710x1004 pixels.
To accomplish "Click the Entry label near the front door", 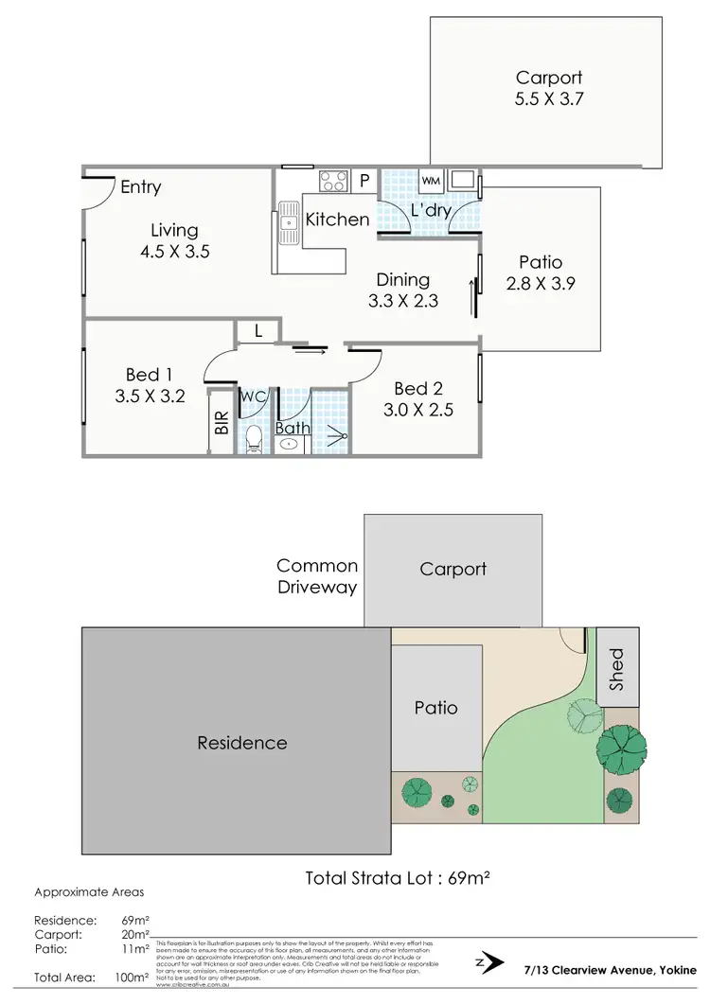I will (140, 187).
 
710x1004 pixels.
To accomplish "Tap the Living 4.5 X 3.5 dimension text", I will (174, 252).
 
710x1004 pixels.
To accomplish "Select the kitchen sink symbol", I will (288, 223).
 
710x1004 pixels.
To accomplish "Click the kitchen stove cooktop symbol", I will (332, 180).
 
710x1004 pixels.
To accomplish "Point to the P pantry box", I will (364, 180).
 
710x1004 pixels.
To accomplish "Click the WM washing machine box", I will (431, 180).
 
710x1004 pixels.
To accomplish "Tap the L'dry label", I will (430, 210).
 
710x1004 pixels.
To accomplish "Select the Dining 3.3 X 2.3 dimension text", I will (403, 302).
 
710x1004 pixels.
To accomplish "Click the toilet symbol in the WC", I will (253, 439).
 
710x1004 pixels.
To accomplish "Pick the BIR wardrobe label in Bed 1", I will (222, 422).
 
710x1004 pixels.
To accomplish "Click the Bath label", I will (292, 429).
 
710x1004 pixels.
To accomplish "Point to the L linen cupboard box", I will (257, 331).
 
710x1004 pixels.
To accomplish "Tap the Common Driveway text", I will (317, 576).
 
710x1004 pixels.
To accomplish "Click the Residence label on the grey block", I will (241, 743).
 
